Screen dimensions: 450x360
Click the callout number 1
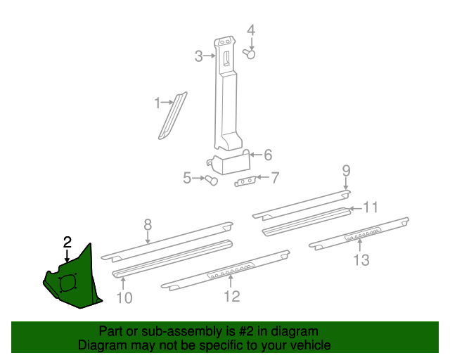pyautogui.click(x=157, y=103)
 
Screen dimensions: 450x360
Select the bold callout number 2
pyautogui.click(x=67, y=243)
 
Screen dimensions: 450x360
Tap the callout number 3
pyautogui.click(x=199, y=56)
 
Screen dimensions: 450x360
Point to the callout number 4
pyautogui.click(x=250, y=30)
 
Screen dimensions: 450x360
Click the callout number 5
pyautogui.click(x=187, y=179)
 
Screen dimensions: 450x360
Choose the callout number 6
pyautogui.click(x=267, y=155)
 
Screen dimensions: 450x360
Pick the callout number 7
pyautogui.click(x=274, y=178)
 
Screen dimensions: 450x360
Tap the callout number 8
pyautogui.click(x=148, y=225)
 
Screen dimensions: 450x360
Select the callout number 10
pyautogui.click(x=123, y=298)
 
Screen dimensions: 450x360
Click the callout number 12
pyautogui.click(x=231, y=296)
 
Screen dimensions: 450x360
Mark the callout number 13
pyautogui.click(x=361, y=260)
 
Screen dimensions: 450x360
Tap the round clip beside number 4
pyautogui.click(x=249, y=53)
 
